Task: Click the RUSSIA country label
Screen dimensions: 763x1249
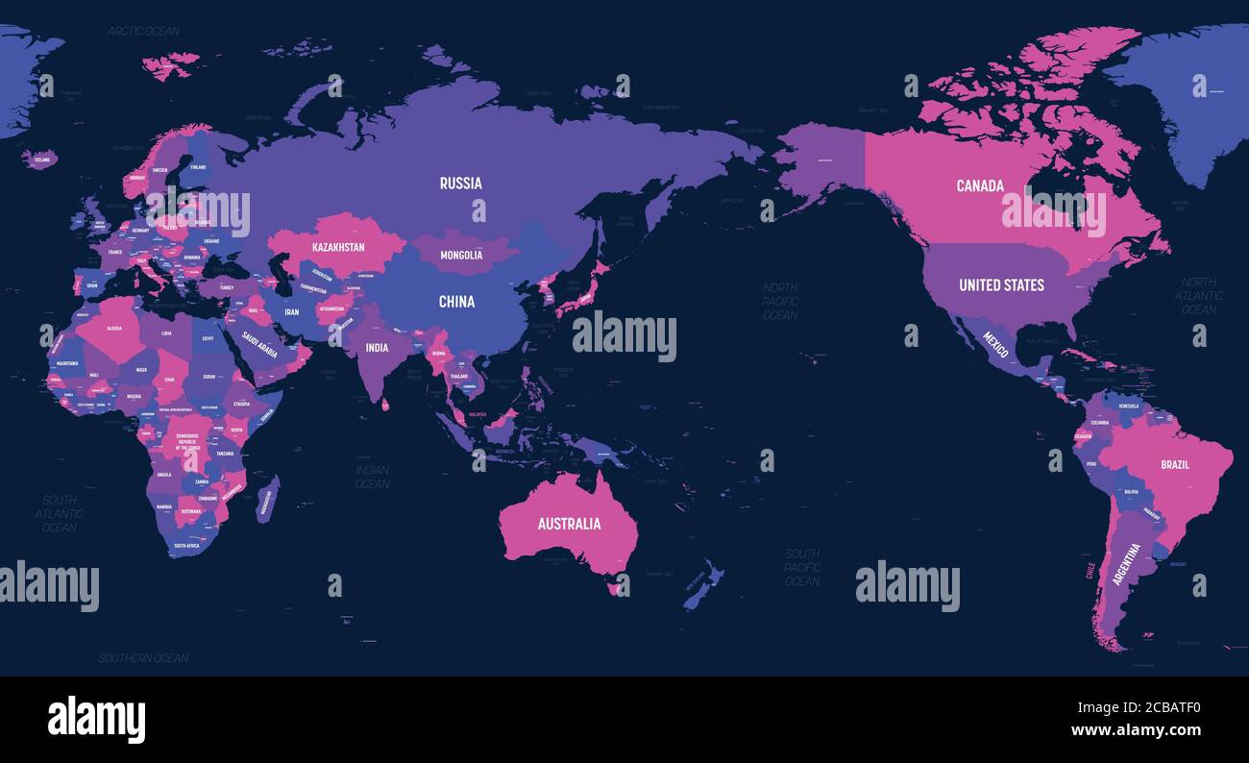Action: click(x=461, y=184)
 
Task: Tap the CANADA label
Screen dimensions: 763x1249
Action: click(x=980, y=185)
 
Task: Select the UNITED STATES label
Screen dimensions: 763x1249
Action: click(x=1001, y=284)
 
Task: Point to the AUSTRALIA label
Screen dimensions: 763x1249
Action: click(x=569, y=524)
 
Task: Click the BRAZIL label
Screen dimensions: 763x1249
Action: click(x=1174, y=464)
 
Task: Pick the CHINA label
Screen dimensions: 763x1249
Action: click(x=456, y=302)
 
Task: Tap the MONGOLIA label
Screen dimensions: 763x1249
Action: click(x=461, y=256)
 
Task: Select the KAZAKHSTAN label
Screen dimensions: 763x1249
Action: click(x=338, y=247)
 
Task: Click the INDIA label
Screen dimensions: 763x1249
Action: click(x=377, y=348)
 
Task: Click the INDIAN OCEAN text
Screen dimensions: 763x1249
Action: click(x=372, y=477)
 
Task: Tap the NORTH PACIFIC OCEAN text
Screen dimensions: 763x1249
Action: click(x=780, y=301)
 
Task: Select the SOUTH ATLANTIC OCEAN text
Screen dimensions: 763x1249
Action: click(x=60, y=514)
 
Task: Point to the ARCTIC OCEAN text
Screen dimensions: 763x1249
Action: click(x=143, y=31)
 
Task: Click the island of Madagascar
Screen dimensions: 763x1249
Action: click(x=268, y=500)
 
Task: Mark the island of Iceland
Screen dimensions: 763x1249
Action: click(x=40, y=159)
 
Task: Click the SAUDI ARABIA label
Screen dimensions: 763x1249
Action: click(x=259, y=345)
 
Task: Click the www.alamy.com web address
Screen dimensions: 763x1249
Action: click(x=1135, y=730)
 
